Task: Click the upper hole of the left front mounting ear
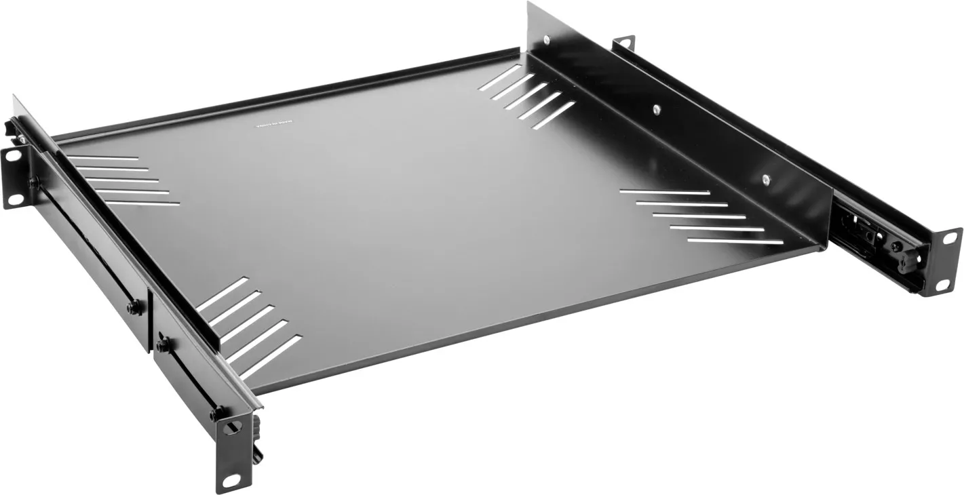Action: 231,428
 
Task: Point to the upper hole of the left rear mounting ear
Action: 12,156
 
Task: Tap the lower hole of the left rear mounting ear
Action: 12,199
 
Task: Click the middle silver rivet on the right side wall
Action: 656,109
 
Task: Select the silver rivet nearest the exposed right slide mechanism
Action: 766,179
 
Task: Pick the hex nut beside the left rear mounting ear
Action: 33,182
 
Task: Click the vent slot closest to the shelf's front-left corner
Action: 271,356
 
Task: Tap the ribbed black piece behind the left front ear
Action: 257,434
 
